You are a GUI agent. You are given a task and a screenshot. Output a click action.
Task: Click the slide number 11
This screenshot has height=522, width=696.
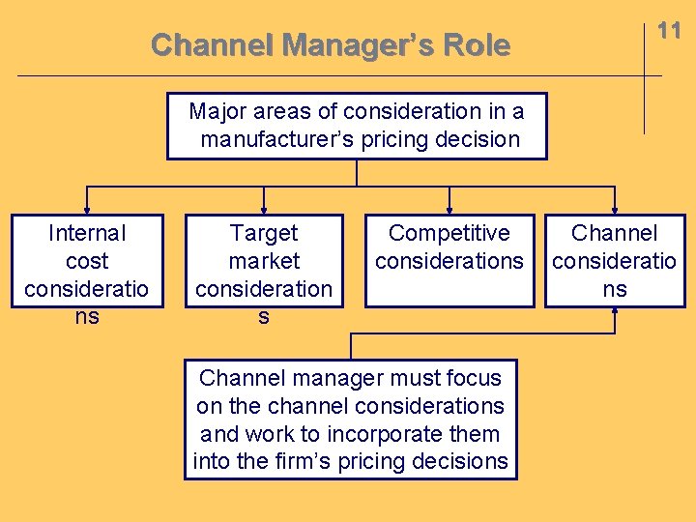(669, 30)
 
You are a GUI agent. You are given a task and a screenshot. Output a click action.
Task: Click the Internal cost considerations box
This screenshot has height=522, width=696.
(87, 261)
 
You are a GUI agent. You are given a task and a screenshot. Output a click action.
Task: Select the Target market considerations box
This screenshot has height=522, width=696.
(264, 261)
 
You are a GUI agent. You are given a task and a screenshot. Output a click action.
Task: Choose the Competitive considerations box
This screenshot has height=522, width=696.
(449, 261)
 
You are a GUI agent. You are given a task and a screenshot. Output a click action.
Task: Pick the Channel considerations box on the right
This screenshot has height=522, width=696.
(615, 261)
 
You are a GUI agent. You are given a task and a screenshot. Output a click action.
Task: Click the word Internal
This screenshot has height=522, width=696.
(87, 233)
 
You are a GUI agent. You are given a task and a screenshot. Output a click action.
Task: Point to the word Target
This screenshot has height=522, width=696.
(264, 233)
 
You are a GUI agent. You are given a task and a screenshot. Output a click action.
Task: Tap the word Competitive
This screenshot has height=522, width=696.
(449, 233)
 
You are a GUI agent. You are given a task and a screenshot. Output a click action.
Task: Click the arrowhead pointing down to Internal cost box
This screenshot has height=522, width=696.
(87, 206)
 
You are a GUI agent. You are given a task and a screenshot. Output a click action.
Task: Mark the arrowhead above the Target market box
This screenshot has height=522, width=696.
(264, 206)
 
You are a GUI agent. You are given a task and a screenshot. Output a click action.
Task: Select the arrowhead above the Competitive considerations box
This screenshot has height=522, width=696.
(449, 206)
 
